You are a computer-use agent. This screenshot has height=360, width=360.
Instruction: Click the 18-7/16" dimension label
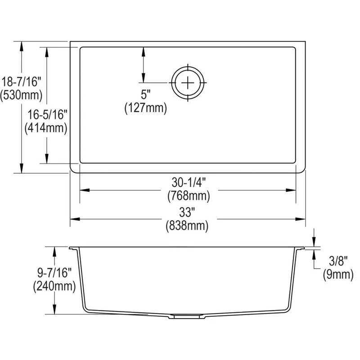[x=21, y=82]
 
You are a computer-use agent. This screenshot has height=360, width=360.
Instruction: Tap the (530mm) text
[x=21, y=95]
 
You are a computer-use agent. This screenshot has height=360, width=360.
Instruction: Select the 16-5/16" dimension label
[x=47, y=115]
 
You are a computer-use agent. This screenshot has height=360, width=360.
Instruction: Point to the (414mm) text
[x=46, y=128]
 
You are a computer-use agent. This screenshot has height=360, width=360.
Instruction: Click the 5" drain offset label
[x=145, y=94]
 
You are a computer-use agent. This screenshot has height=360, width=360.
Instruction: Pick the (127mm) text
[x=145, y=108]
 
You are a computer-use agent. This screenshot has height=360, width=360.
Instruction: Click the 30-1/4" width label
[x=189, y=183]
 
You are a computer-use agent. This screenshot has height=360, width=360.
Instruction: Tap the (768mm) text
[x=189, y=196]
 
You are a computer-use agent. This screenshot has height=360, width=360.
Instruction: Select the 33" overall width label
[x=187, y=212]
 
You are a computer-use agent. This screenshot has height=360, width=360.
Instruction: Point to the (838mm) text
[x=187, y=225]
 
